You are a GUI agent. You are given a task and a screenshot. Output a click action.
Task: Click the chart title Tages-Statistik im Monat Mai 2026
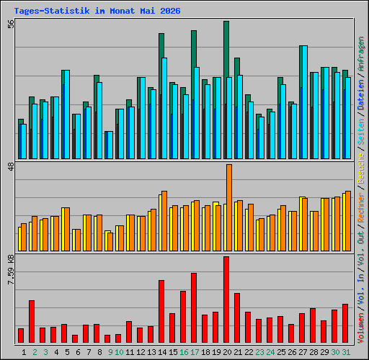[97, 11]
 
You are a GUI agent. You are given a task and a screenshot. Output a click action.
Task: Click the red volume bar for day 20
[226, 300]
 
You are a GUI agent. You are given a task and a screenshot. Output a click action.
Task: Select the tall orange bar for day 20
[229, 207]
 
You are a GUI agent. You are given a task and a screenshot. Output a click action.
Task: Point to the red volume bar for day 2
[32, 321]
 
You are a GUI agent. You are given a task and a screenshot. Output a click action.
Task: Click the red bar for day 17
[194, 307]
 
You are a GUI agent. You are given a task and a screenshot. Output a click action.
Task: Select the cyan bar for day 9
[110, 145]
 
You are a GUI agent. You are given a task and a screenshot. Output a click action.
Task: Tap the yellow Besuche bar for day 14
[160, 222]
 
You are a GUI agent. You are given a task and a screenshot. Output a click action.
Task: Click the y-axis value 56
[11, 24]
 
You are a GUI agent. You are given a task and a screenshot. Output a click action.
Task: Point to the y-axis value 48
[11, 166]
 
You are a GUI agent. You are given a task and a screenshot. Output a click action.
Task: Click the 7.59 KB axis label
[11, 269]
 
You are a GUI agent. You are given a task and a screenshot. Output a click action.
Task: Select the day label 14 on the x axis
[162, 352]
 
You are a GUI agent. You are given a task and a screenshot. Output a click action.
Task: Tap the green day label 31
[346, 352]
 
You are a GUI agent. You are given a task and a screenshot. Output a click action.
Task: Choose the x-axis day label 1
[24, 352]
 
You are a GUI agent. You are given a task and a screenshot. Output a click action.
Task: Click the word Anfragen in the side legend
[361, 54]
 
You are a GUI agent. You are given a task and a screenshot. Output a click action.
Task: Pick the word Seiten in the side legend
[361, 131]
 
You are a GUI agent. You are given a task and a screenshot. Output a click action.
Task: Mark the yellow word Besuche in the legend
[361, 168]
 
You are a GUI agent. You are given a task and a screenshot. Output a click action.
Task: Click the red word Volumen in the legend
[361, 328]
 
